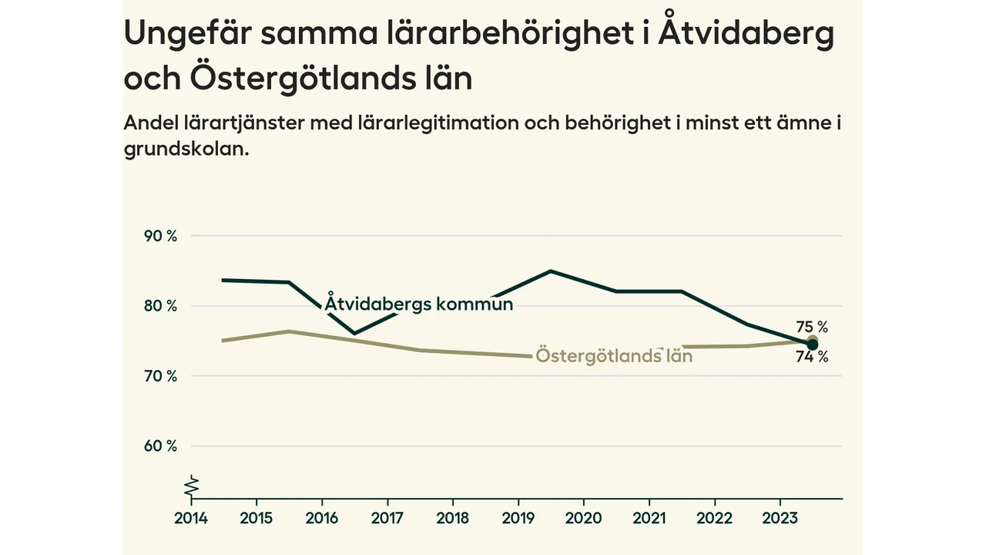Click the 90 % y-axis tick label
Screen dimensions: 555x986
(x=161, y=236)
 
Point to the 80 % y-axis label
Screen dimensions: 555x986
(x=161, y=306)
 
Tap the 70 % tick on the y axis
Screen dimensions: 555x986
(x=161, y=376)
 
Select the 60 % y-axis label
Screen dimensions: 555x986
(x=161, y=446)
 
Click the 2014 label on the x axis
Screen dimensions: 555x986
(x=190, y=517)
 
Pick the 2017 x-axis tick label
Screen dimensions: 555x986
(x=387, y=517)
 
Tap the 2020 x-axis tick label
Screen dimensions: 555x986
(x=583, y=517)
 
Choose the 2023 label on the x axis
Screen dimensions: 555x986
(x=779, y=517)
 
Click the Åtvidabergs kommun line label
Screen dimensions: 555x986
(x=418, y=304)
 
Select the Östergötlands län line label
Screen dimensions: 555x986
(x=614, y=356)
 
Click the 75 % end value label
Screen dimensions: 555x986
(x=812, y=327)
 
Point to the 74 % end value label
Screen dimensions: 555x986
(x=812, y=357)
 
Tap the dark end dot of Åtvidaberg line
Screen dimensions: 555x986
(x=812, y=345)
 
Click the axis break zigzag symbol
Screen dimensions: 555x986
(x=192, y=486)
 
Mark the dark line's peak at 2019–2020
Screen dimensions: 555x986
(x=551, y=271)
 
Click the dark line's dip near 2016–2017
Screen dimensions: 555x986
(x=354, y=334)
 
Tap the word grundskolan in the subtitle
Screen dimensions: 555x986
(x=186, y=149)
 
